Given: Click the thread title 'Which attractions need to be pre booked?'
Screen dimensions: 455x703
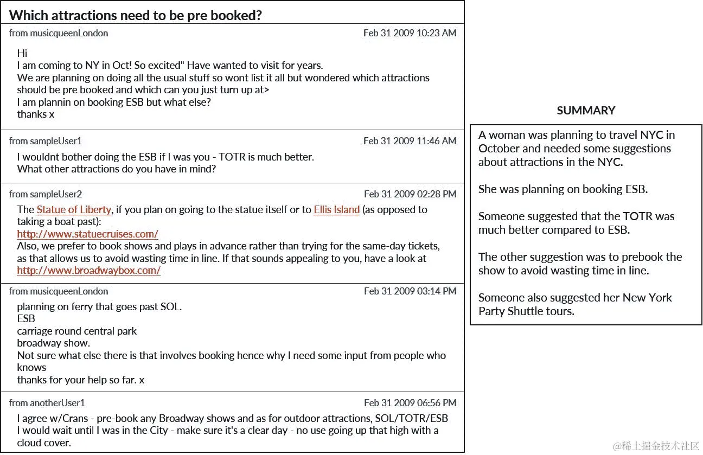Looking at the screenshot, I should point(136,15).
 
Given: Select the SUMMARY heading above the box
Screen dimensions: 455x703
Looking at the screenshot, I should point(586,111).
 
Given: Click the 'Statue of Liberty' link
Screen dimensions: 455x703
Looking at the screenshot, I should point(74,210).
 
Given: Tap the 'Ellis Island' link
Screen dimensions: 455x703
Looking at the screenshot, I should point(336,210).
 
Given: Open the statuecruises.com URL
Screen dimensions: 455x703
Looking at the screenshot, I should point(87,234).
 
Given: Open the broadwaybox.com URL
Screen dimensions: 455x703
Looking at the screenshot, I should point(88,271).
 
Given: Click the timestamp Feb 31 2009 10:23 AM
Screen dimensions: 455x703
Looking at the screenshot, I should point(410,33).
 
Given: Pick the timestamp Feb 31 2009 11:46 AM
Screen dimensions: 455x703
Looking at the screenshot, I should point(410,141).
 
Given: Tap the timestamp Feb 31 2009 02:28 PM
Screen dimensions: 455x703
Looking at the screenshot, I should point(410,194).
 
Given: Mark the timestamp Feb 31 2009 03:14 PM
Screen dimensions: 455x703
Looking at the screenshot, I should point(410,291).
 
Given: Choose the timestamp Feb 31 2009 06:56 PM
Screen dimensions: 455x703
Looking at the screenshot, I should point(410,403).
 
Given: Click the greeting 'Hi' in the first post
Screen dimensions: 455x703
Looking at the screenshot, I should point(22,53).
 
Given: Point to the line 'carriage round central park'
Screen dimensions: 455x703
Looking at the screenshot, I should point(76,331).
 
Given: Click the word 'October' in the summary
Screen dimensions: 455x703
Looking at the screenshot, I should point(499,149).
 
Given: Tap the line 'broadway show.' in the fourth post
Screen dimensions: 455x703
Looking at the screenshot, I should point(53,343).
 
